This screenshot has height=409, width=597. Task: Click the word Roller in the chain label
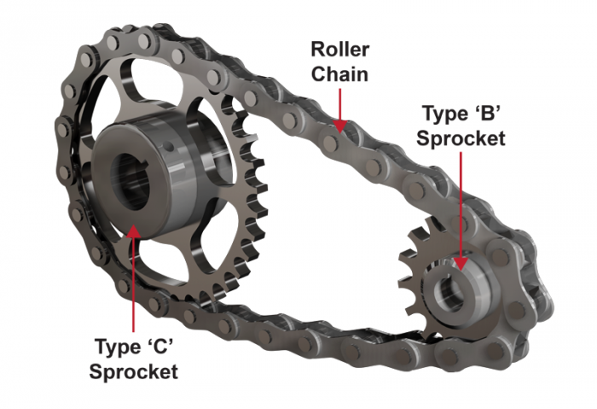[339, 51]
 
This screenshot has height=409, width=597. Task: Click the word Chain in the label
[339, 74]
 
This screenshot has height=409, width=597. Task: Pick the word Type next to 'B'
[441, 114]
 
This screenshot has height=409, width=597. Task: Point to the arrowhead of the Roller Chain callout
[340, 129]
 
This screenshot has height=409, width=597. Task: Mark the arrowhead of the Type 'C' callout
[133, 224]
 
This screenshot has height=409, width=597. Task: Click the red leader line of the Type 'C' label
[134, 282]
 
